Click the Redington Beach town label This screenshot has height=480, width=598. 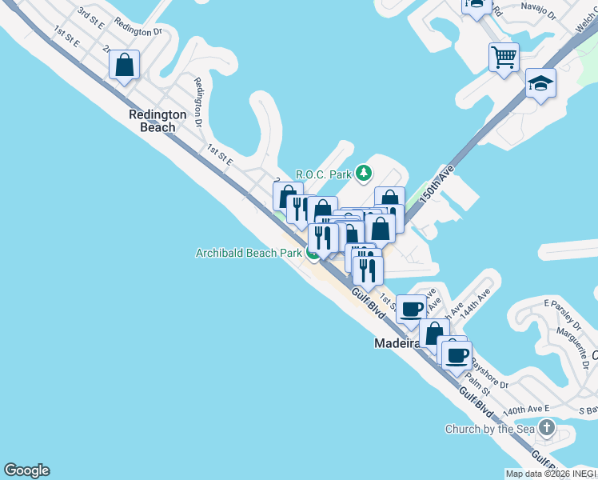(x=157, y=121)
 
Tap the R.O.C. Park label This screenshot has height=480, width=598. (x=325, y=174)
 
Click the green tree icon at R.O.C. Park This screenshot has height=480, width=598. (x=365, y=172)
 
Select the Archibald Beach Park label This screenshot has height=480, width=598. (x=249, y=253)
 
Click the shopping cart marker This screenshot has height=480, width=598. (x=504, y=56)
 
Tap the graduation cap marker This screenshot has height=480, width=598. (x=540, y=82)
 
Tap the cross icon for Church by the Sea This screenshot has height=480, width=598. (x=547, y=428)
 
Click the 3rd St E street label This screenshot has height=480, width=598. (x=90, y=17)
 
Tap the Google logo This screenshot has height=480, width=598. (x=26, y=470)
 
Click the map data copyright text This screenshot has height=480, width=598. (x=551, y=474)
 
